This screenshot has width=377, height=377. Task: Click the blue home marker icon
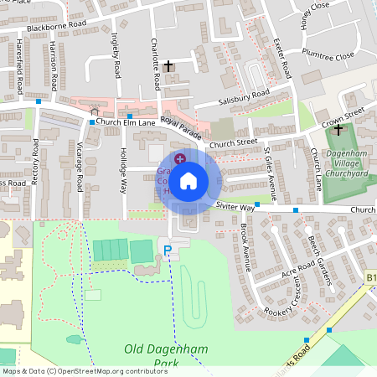[x=188, y=180]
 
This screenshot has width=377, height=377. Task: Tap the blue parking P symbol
[x=168, y=250]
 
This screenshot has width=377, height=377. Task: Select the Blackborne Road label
[x=56, y=27]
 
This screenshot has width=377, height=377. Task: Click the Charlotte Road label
[x=156, y=65]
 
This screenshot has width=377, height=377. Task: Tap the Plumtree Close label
[x=329, y=57]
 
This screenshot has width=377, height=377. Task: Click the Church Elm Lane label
[x=127, y=122]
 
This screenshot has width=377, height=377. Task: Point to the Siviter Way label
[x=234, y=206]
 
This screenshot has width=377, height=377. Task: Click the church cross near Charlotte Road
[x=168, y=65]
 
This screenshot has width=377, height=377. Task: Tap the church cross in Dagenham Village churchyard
[x=338, y=130]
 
